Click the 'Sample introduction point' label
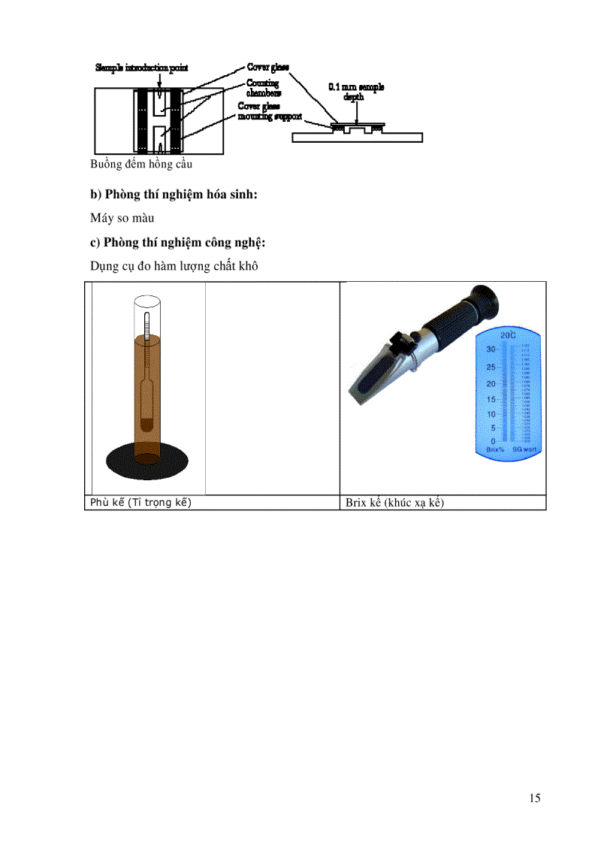click(141, 68)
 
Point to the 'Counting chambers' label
click(264, 88)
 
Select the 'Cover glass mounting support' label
click(270, 112)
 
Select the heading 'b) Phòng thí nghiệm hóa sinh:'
click(174, 195)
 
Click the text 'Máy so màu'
click(122, 219)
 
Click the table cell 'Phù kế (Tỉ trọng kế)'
click(140, 503)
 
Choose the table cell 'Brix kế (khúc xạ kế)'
click(394, 503)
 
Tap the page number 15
click(534, 798)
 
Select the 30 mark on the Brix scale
click(490, 349)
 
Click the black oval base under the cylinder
click(146, 457)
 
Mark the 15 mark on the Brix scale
click(490, 398)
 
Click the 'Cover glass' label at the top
click(268, 68)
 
